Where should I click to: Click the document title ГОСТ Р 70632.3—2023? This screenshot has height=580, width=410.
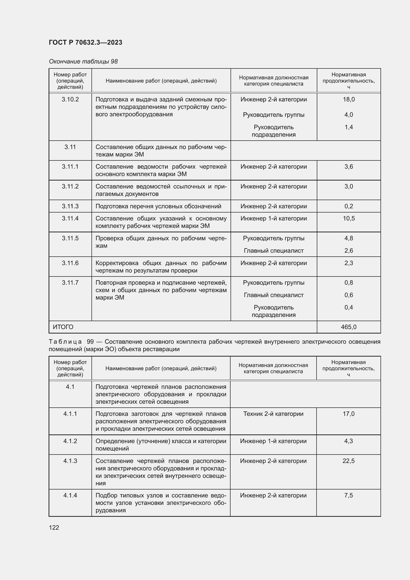[x=85, y=42]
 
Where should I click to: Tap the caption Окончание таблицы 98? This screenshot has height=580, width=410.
[x=83, y=61]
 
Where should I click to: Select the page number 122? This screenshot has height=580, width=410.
[x=54, y=527]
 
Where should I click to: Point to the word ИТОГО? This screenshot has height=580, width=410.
[x=63, y=327]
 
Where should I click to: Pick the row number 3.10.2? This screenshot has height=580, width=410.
[x=70, y=99]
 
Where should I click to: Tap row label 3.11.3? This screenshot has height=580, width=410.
[x=70, y=206]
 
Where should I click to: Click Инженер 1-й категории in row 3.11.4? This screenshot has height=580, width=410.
[x=273, y=218]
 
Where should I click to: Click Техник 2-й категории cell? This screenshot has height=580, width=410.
[x=273, y=414]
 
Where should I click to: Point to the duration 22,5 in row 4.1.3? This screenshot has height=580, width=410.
[x=348, y=461]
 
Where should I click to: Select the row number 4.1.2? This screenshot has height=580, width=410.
[x=70, y=441]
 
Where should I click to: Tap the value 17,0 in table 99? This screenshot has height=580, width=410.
[x=348, y=414]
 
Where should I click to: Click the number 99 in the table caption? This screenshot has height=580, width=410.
[x=90, y=341]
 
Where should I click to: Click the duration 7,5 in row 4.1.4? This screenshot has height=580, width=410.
[x=348, y=495]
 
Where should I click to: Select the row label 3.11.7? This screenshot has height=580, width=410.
[x=70, y=282]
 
